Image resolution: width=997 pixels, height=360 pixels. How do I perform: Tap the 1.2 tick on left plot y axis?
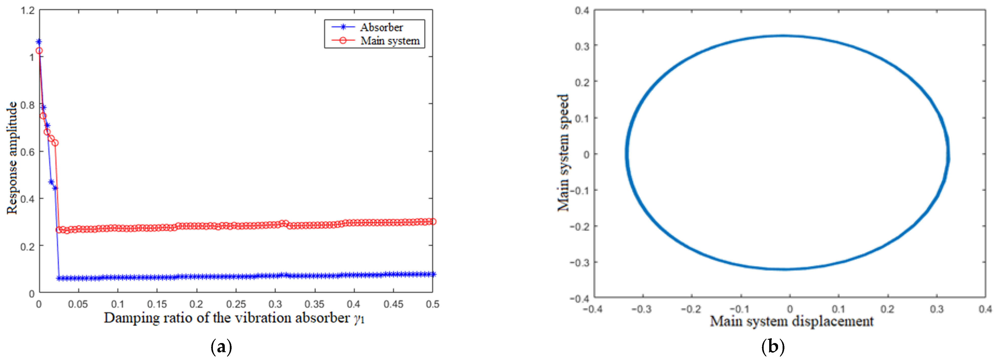(28, 10)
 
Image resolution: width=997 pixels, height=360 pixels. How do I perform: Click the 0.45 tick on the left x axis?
(393, 304)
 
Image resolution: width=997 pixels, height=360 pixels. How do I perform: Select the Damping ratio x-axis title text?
(234, 318)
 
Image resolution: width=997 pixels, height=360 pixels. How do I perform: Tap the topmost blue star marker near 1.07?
(39, 42)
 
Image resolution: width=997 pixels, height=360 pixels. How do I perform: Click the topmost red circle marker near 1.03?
(39, 51)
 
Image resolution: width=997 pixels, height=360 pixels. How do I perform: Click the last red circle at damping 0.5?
(433, 222)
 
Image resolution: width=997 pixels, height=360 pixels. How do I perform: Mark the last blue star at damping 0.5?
(433, 274)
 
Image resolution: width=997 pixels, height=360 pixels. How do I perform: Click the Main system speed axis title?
(563, 153)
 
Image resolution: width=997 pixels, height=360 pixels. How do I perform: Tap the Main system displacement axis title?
(791, 321)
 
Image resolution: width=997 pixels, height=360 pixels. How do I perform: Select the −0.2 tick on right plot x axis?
(691, 309)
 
